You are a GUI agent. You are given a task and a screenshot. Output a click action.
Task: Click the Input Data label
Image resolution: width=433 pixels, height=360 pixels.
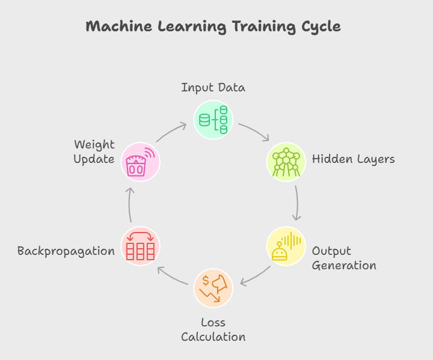click(213, 88)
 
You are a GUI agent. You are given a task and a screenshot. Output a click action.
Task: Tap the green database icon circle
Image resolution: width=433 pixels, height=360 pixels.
click(213, 119)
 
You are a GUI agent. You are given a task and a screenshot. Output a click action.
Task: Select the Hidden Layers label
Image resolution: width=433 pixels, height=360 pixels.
click(353, 159)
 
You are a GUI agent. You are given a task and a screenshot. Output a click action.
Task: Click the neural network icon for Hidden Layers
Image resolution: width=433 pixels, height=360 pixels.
click(286, 162)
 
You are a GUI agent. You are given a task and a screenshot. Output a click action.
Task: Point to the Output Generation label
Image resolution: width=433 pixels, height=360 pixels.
click(344, 258)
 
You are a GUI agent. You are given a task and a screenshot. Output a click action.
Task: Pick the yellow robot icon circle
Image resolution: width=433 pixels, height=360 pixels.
click(286, 246)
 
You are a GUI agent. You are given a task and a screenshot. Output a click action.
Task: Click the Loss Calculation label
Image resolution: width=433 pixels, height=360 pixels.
click(213, 330)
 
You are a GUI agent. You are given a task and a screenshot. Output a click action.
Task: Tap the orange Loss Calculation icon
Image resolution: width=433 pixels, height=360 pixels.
click(213, 288)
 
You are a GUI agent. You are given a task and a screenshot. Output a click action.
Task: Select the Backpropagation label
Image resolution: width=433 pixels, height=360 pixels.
click(66, 251)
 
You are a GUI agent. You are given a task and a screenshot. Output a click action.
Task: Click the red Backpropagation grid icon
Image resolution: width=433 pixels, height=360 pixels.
click(141, 246)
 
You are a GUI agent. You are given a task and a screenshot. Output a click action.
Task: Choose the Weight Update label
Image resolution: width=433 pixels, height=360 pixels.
click(94, 152)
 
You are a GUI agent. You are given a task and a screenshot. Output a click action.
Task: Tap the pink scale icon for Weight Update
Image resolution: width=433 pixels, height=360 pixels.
click(141, 162)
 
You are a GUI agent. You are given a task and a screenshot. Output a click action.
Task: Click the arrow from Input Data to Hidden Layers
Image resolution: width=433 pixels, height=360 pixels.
click(254, 131)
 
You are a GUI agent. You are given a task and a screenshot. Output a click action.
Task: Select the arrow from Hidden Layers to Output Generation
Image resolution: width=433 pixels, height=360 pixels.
click(296, 203)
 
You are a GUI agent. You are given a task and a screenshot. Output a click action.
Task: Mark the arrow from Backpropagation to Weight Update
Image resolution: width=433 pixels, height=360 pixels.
click(131, 204)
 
